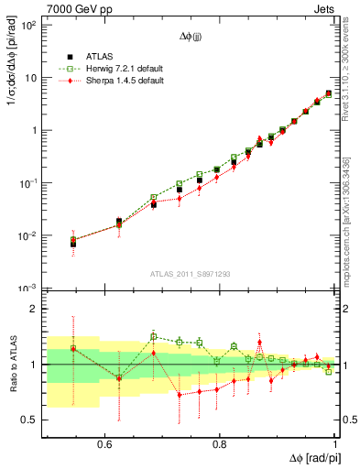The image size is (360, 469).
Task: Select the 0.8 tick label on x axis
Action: (x=220, y=444)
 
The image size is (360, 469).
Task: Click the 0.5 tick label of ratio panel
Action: (x=29, y=420)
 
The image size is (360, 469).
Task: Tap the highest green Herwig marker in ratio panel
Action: (x=154, y=336)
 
